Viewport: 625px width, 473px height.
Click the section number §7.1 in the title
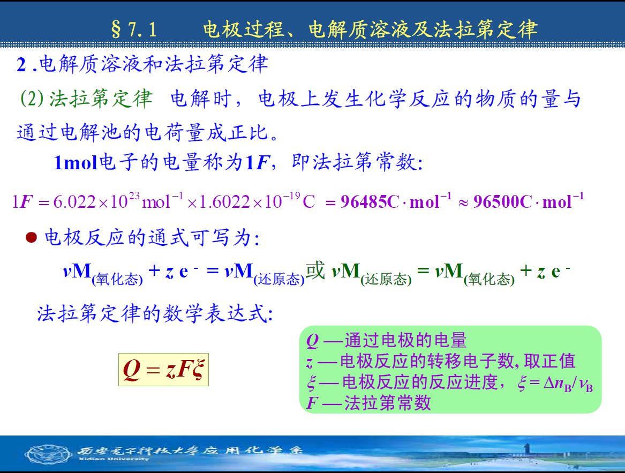pyautogui.click(x=134, y=30)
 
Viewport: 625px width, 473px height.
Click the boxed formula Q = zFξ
pyautogui.click(x=163, y=369)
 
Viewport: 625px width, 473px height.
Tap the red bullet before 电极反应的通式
pyautogui.click(x=31, y=238)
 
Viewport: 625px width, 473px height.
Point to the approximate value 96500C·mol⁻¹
pyautogui.click(x=529, y=201)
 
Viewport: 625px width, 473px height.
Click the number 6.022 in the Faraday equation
pyautogui.click(x=74, y=202)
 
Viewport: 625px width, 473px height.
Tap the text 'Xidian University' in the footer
pyautogui.click(x=114, y=459)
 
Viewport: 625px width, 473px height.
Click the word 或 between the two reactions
pyautogui.click(x=315, y=271)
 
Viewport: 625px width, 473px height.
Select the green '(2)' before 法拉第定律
pyautogui.click(x=32, y=98)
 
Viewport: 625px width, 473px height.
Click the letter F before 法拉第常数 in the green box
pyautogui.click(x=312, y=403)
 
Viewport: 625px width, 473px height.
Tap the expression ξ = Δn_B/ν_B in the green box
pyautogui.click(x=555, y=384)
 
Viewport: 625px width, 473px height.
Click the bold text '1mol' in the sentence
pyautogui.click(x=76, y=163)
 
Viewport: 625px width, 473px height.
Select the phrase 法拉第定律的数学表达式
pyautogui.click(x=155, y=313)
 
